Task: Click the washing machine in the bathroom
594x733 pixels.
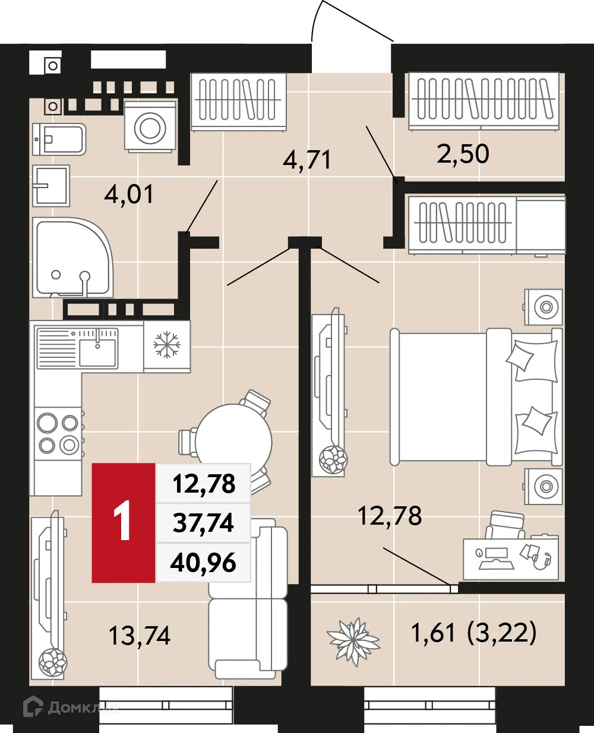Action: point(150,126)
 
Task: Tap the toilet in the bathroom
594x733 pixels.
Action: point(59,139)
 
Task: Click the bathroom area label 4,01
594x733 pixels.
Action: point(129,194)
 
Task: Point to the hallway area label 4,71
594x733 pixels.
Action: point(307,160)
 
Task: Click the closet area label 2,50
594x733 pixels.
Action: point(463,154)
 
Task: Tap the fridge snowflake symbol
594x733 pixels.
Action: point(166,345)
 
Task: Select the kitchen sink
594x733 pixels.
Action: point(97,350)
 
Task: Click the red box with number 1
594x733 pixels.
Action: point(123,522)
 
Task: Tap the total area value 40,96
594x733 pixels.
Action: point(203,562)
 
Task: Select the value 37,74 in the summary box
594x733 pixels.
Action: point(203,523)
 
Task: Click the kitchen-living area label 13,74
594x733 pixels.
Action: point(140,636)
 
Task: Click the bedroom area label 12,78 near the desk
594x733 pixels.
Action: point(390,516)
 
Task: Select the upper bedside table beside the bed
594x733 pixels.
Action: point(544,307)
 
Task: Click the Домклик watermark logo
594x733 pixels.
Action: point(69,707)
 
